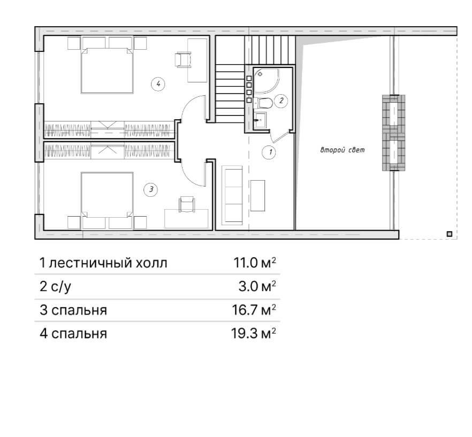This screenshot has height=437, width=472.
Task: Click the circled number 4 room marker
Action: tap(158, 84)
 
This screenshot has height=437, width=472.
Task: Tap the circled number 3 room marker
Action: tap(151, 189)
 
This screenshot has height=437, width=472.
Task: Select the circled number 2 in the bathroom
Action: tap(281, 101)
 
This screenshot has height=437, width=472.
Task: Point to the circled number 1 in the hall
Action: tap(269, 152)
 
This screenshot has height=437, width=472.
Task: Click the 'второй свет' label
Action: tap(342, 150)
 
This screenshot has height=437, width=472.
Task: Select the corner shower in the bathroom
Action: tap(266, 81)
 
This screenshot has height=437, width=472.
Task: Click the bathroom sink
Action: tap(261, 120)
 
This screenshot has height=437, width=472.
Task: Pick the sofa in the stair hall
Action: tap(232, 195)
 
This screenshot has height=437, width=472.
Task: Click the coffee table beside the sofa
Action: tap(258, 196)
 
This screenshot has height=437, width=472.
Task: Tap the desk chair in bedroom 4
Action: tap(183, 59)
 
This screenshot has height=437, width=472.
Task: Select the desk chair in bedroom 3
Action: tap(187, 204)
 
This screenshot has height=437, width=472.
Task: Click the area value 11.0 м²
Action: tap(255, 263)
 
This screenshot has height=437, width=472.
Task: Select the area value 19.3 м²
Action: tap(254, 333)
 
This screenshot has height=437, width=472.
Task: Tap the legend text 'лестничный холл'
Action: tap(108, 263)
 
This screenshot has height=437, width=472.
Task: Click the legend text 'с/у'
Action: tap(61, 286)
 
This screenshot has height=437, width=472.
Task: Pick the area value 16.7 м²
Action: tap(254, 310)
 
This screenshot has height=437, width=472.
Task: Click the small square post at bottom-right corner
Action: tap(450, 234)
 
